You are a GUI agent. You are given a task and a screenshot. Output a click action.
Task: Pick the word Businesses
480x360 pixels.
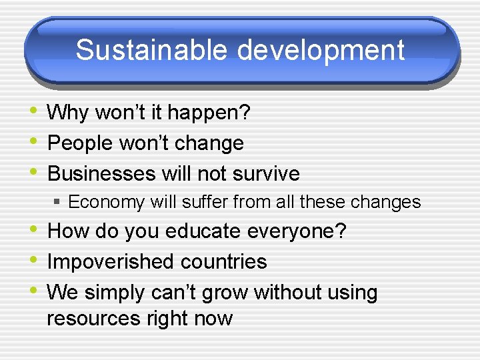[101, 173]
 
